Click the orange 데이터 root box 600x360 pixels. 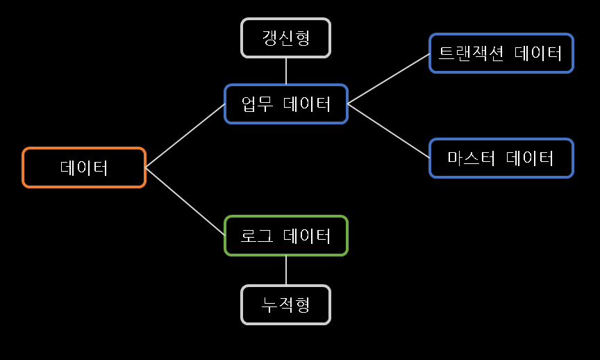(84, 167)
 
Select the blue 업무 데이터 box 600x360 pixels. (285, 104)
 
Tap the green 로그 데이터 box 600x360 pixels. (285, 236)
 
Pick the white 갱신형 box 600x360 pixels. (285, 38)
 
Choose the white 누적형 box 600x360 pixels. (285, 304)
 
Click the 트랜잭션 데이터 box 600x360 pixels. (501, 53)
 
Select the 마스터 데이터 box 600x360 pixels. (501, 158)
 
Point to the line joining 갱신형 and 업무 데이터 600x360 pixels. (286, 71)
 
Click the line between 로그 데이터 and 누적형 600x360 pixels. (286, 270)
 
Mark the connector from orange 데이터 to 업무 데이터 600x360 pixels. (185, 136)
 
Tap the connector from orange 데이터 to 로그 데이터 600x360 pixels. (185, 202)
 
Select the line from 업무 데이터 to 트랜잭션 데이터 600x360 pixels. (388, 79)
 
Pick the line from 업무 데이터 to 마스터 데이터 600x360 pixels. (388, 131)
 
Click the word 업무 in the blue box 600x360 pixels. (255, 104)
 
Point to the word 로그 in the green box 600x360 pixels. (255, 236)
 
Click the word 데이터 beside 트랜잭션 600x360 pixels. (539, 53)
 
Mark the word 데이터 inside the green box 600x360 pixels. (308, 236)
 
